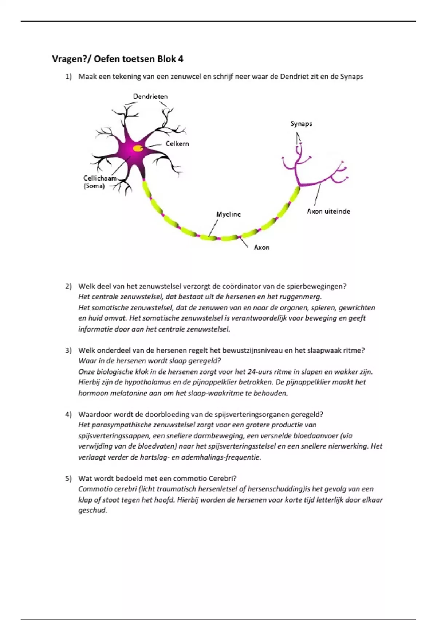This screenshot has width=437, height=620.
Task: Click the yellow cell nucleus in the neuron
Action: tap(138, 148)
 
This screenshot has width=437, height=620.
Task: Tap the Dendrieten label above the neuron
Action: tap(150, 97)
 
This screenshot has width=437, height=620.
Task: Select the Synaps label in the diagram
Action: tap(301, 124)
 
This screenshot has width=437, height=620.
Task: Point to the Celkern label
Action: tap(177, 144)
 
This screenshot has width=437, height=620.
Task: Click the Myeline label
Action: tap(228, 214)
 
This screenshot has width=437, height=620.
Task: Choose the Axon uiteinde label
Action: tap(328, 211)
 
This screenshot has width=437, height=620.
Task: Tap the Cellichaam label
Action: tap(99, 178)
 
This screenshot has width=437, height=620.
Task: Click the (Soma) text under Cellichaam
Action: tap(94, 186)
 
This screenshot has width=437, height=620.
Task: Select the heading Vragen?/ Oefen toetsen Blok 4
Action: tap(118, 59)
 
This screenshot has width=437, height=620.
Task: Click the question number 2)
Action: tap(68, 286)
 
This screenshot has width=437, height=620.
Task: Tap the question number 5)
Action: tap(68, 478)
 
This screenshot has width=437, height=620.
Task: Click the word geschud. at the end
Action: tap(93, 511)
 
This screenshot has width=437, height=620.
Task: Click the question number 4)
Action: tap(68, 415)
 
